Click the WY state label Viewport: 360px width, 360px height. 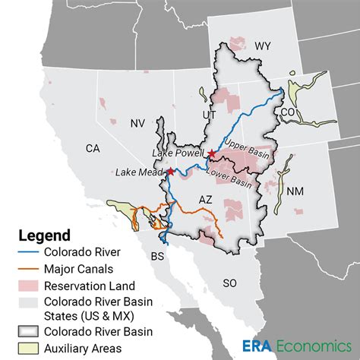262,46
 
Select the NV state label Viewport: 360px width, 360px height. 137,122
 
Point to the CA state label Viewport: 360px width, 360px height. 93,149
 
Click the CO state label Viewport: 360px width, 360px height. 287,112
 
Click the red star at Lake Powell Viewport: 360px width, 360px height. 211,154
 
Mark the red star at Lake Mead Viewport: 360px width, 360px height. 171,172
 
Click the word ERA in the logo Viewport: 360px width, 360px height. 256,345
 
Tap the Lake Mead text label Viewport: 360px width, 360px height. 139,172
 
